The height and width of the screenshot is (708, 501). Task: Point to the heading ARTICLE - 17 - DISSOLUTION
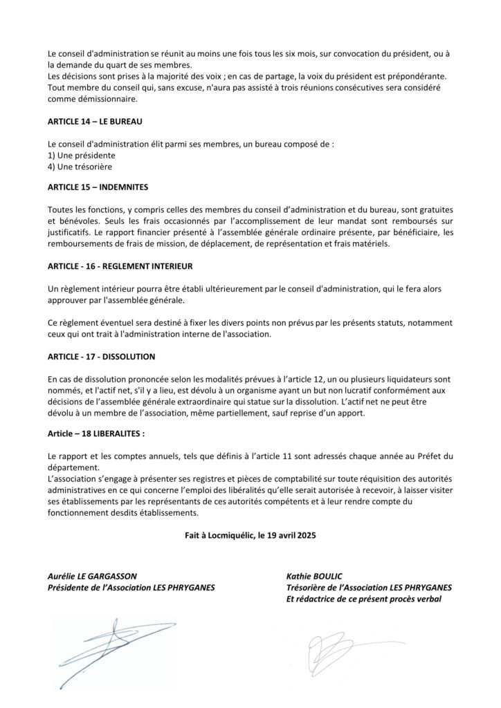(x=101, y=357)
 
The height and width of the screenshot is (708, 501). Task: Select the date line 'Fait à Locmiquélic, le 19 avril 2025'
(x=250, y=535)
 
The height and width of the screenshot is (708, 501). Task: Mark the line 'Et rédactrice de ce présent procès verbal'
(x=363, y=599)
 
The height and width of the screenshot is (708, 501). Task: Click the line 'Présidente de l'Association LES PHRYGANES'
(x=131, y=588)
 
